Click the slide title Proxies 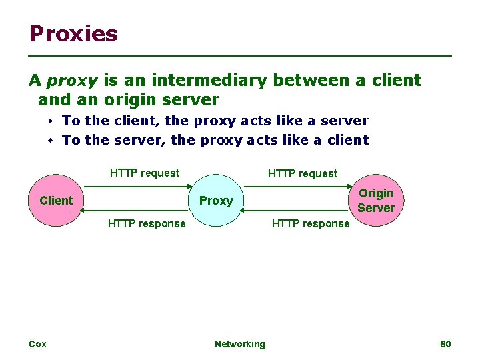(x=73, y=33)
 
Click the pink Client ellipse (x=56, y=200)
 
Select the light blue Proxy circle (x=217, y=200)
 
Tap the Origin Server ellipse (x=376, y=200)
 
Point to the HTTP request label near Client (x=145, y=173)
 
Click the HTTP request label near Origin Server (x=303, y=174)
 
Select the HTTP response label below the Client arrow (x=147, y=224)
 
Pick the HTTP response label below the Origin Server (x=311, y=224)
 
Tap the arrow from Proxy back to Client (x=133, y=210)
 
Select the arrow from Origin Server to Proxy (x=293, y=210)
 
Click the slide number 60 (x=446, y=344)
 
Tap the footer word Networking (x=239, y=344)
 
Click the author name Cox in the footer (x=37, y=344)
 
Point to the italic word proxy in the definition (x=72, y=81)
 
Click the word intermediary (x=209, y=81)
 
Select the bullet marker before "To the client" (x=50, y=121)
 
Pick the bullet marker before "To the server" (x=50, y=141)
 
